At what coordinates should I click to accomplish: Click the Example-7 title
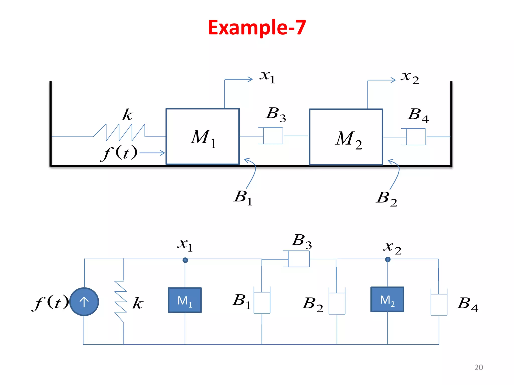coord(257,28)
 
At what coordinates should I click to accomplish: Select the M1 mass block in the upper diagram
coord(203,137)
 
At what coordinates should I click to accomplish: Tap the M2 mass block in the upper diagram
coord(346,137)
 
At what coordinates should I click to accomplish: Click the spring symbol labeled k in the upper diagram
coord(119,132)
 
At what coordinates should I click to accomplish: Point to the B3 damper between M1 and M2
coord(273,136)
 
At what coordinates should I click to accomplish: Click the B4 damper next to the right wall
coord(416,137)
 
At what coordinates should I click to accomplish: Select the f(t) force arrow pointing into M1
coord(152,153)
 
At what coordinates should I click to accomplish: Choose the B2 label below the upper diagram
coord(387,198)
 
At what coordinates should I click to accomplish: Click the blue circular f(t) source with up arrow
coord(84,302)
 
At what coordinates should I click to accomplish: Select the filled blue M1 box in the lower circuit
coord(185,300)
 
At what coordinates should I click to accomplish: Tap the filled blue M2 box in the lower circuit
coord(387,300)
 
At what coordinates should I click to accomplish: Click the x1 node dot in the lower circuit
coord(185,260)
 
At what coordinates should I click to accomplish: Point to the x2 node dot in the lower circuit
coord(388,259)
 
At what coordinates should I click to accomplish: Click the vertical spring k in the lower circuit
coord(121,302)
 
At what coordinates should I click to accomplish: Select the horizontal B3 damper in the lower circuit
coord(298,259)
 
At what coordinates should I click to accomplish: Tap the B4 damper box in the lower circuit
coord(439,304)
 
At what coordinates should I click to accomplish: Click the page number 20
coord(479,367)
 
